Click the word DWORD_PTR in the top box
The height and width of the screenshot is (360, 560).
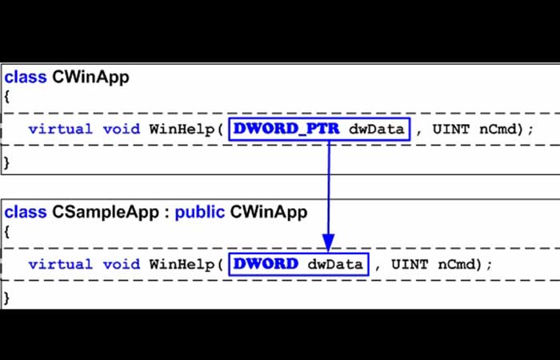(286, 129)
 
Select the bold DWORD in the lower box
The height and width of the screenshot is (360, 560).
(266, 264)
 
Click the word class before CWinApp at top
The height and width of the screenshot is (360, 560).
(26, 77)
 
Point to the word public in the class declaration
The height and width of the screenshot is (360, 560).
(200, 212)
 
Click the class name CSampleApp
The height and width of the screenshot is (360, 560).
(106, 213)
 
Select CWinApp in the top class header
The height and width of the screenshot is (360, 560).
(90, 78)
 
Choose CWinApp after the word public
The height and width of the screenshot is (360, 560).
(269, 212)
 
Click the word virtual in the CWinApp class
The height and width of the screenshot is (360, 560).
(61, 129)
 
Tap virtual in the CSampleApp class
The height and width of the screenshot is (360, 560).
(61, 264)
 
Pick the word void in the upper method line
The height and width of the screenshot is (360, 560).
(122, 129)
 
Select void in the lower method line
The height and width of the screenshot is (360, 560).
(122, 264)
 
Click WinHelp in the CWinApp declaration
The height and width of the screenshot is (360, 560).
(182, 130)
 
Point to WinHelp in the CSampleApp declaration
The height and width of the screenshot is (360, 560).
(182, 265)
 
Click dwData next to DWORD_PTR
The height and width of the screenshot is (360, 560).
(377, 129)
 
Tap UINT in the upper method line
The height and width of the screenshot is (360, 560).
(450, 129)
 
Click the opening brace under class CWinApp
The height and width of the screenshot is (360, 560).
(6, 97)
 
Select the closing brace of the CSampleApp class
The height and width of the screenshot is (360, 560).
(6, 298)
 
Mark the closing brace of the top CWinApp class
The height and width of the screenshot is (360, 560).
(6, 163)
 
